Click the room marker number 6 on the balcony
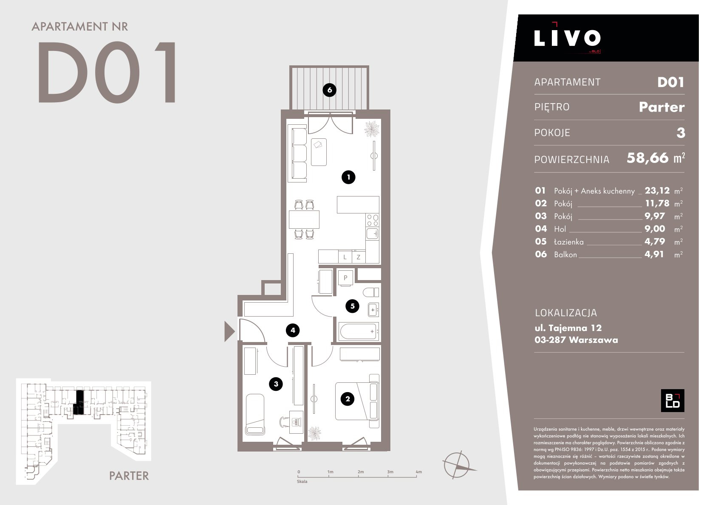tap(329, 90)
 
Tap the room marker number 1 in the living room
tap(348, 177)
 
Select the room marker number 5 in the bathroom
tap(352, 306)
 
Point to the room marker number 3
tap(276, 384)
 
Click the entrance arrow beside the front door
tap(229, 331)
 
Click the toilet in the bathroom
tap(371, 292)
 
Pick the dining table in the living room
tap(304, 219)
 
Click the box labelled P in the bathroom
tap(345, 278)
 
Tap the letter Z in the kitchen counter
tap(359, 257)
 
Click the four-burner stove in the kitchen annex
tap(373, 220)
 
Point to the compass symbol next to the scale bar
tap(458, 465)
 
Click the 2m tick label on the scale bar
tap(360, 471)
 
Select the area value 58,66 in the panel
tap(647, 158)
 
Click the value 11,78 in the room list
tap(657, 203)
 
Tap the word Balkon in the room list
tap(565, 255)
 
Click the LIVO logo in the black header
tap(567, 38)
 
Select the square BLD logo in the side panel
tap(672, 401)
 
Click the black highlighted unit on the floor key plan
tap(79, 402)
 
